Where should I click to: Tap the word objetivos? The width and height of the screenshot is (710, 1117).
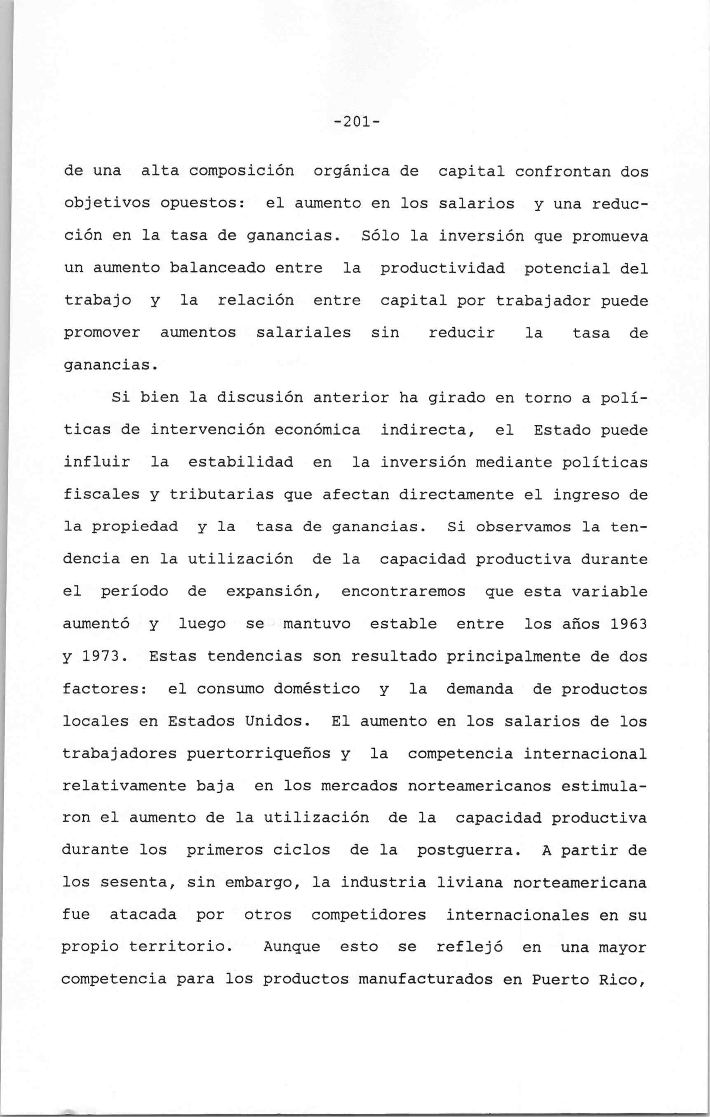point(107,204)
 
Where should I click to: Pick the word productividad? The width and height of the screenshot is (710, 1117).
point(442,269)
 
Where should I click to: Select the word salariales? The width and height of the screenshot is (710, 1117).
point(303,332)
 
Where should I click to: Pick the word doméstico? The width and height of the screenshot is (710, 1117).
point(317,689)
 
